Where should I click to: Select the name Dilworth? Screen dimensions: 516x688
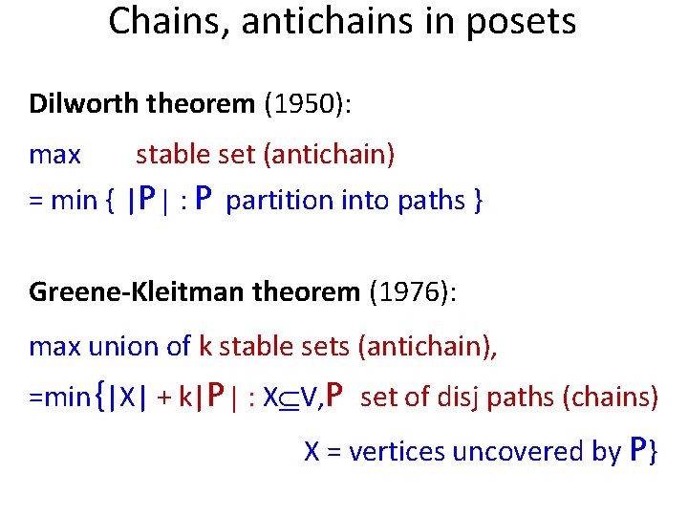click(87, 103)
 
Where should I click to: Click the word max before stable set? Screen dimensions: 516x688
click(55, 154)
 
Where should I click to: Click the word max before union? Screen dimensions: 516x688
click(55, 346)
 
